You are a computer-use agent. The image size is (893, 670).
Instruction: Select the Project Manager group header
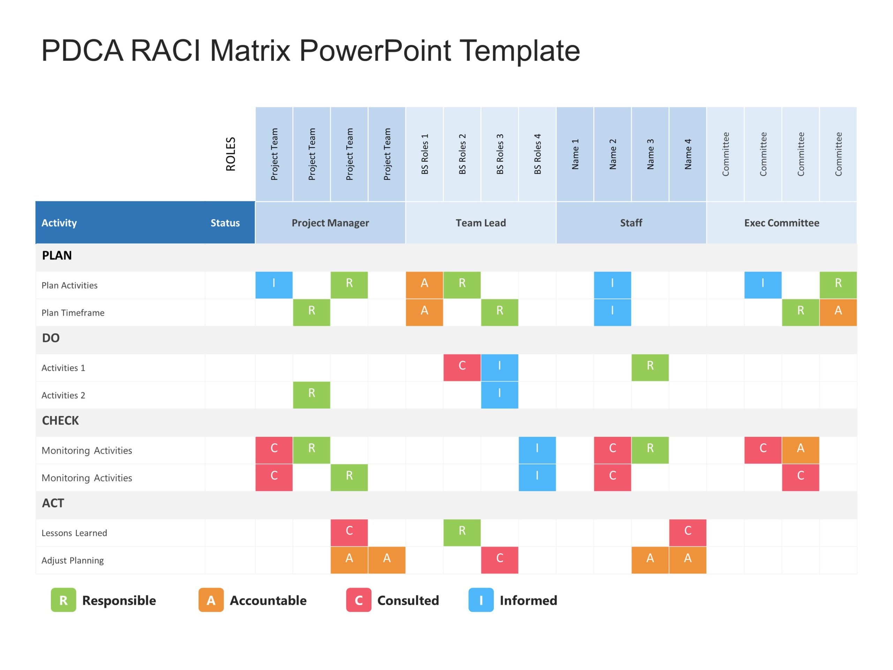[x=330, y=223]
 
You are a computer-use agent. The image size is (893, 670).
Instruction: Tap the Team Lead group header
[x=480, y=223]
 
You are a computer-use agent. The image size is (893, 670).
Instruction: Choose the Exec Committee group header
[x=782, y=223]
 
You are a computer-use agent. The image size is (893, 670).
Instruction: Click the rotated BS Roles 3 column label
[x=500, y=154]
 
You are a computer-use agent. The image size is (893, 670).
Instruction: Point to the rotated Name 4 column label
[x=688, y=154]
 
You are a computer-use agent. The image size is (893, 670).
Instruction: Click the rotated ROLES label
[x=231, y=154]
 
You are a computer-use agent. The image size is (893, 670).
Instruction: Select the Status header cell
[x=225, y=223]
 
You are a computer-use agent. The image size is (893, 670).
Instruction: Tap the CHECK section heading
[x=61, y=420]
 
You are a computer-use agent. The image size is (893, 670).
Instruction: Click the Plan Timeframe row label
[x=73, y=313]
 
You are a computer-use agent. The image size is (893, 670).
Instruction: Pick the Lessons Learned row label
[x=74, y=533]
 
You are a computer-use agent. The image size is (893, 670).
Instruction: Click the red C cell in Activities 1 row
[x=462, y=367]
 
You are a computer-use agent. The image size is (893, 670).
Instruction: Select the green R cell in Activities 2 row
[x=311, y=395]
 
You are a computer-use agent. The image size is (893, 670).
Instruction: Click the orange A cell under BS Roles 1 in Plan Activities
[x=424, y=285]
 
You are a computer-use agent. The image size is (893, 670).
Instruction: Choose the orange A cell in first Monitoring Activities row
[x=801, y=450]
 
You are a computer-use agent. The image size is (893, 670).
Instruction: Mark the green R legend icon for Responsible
[x=63, y=600]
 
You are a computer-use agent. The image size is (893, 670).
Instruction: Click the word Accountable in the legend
[x=268, y=601]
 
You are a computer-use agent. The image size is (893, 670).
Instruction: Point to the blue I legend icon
[x=481, y=600]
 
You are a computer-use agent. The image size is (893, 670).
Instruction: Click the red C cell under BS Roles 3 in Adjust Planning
[x=500, y=560]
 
